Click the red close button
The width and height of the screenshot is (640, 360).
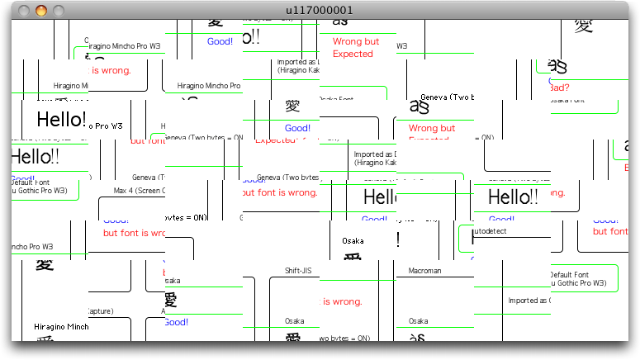pyautogui.click(x=24, y=10)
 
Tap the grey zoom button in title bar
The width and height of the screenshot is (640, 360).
pyautogui.click(x=59, y=10)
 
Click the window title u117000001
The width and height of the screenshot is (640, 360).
pyautogui.click(x=320, y=10)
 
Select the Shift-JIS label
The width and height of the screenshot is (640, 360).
pyautogui.click(x=298, y=271)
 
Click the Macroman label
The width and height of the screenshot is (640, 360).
pyautogui.click(x=424, y=271)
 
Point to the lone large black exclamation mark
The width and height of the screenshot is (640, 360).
pyautogui.click(x=400, y=239)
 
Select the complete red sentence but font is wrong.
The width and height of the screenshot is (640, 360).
pyautogui.click(x=280, y=193)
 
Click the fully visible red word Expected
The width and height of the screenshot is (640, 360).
pyautogui.click(x=353, y=54)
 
